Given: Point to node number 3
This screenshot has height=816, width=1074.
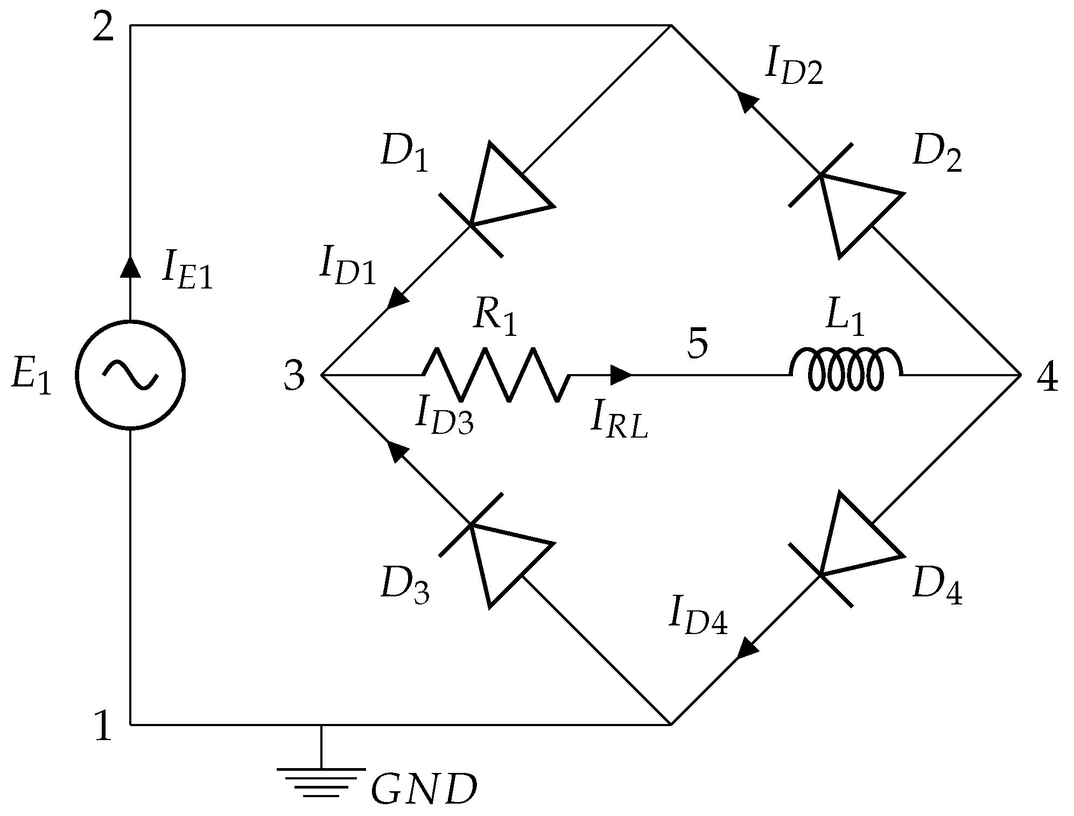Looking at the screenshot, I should point(294,376).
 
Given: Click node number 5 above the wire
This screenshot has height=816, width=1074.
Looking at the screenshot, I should point(698,344).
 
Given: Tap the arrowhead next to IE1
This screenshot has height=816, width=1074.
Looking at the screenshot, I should point(130,266).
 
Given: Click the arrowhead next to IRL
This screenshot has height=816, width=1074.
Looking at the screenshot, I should point(621,375).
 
